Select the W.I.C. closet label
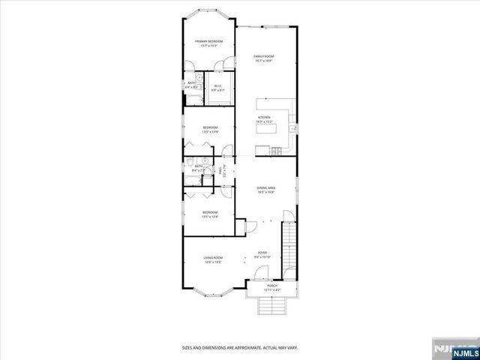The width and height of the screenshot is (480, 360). (x=217, y=85)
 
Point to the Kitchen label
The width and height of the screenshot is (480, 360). (x=264, y=118)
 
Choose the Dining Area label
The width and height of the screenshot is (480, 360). (x=265, y=188)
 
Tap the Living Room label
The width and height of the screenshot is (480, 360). (x=213, y=258)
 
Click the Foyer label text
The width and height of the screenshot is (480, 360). (x=262, y=253)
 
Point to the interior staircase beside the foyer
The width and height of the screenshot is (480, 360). (x=289, y=247)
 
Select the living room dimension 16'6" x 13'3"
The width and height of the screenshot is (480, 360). (x=213, y=262)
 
